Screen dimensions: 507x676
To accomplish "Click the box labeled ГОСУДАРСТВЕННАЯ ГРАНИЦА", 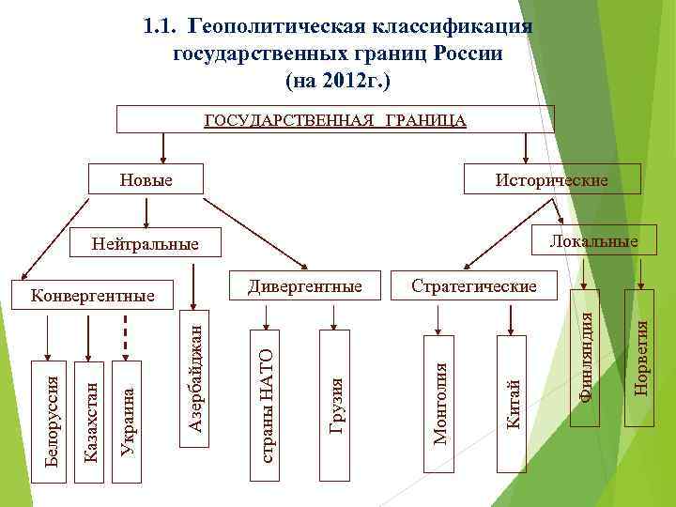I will (x=334, y=119).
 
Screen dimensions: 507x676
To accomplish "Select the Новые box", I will (x=146, y=178).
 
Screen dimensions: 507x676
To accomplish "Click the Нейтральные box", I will (x=146, y=244).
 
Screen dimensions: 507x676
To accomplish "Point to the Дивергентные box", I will (x=305, y=284).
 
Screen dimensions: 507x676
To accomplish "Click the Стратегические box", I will (x=474, y=284).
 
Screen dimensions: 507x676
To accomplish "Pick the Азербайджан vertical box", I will (x=195, y=376).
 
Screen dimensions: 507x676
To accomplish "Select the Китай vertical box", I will (x=514, y=394).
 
